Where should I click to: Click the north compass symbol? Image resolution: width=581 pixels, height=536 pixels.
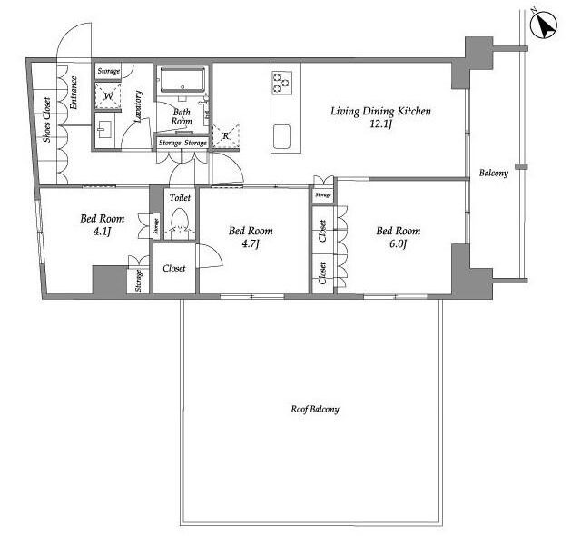[x=544, y=25]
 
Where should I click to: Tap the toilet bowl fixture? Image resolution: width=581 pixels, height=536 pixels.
[x=181, y=220]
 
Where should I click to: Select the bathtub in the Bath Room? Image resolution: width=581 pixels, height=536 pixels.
[x=182, y=79]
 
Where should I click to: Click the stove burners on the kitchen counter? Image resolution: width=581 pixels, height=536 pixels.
[x=281, y=83]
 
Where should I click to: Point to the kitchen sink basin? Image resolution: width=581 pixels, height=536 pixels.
[x=281, y=136]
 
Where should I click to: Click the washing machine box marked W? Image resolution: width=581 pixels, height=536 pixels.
[x=108, y=96]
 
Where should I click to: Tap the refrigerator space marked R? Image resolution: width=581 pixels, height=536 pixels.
[x=226, y=135]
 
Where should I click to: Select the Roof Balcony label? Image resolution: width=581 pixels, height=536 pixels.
[x=315, y=409]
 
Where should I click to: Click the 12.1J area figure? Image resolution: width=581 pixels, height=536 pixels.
[x=381, y=124]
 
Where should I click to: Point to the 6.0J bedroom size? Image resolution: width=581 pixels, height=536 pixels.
[x=397, y=243]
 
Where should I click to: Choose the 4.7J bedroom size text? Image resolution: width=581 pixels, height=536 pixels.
[x=250, y=243]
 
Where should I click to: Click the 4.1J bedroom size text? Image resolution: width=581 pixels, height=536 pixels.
[x=103, y=232]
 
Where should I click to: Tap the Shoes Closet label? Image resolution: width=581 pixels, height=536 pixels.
[x=46, y=120]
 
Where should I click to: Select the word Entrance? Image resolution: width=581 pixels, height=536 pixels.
[x=74, y=93]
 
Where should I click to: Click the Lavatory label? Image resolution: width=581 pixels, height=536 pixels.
[x=138, y=106]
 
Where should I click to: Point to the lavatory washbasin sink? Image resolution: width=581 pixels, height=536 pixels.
[x=104, y=131]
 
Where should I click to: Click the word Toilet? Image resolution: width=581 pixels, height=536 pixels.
[x=180, y=197]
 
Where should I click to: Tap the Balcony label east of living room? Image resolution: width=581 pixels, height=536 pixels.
[x=494, y=173]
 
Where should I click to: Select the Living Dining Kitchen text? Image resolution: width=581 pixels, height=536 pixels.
[x=381, y=111]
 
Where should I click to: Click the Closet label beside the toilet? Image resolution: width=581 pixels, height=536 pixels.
[x=174, y=268]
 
